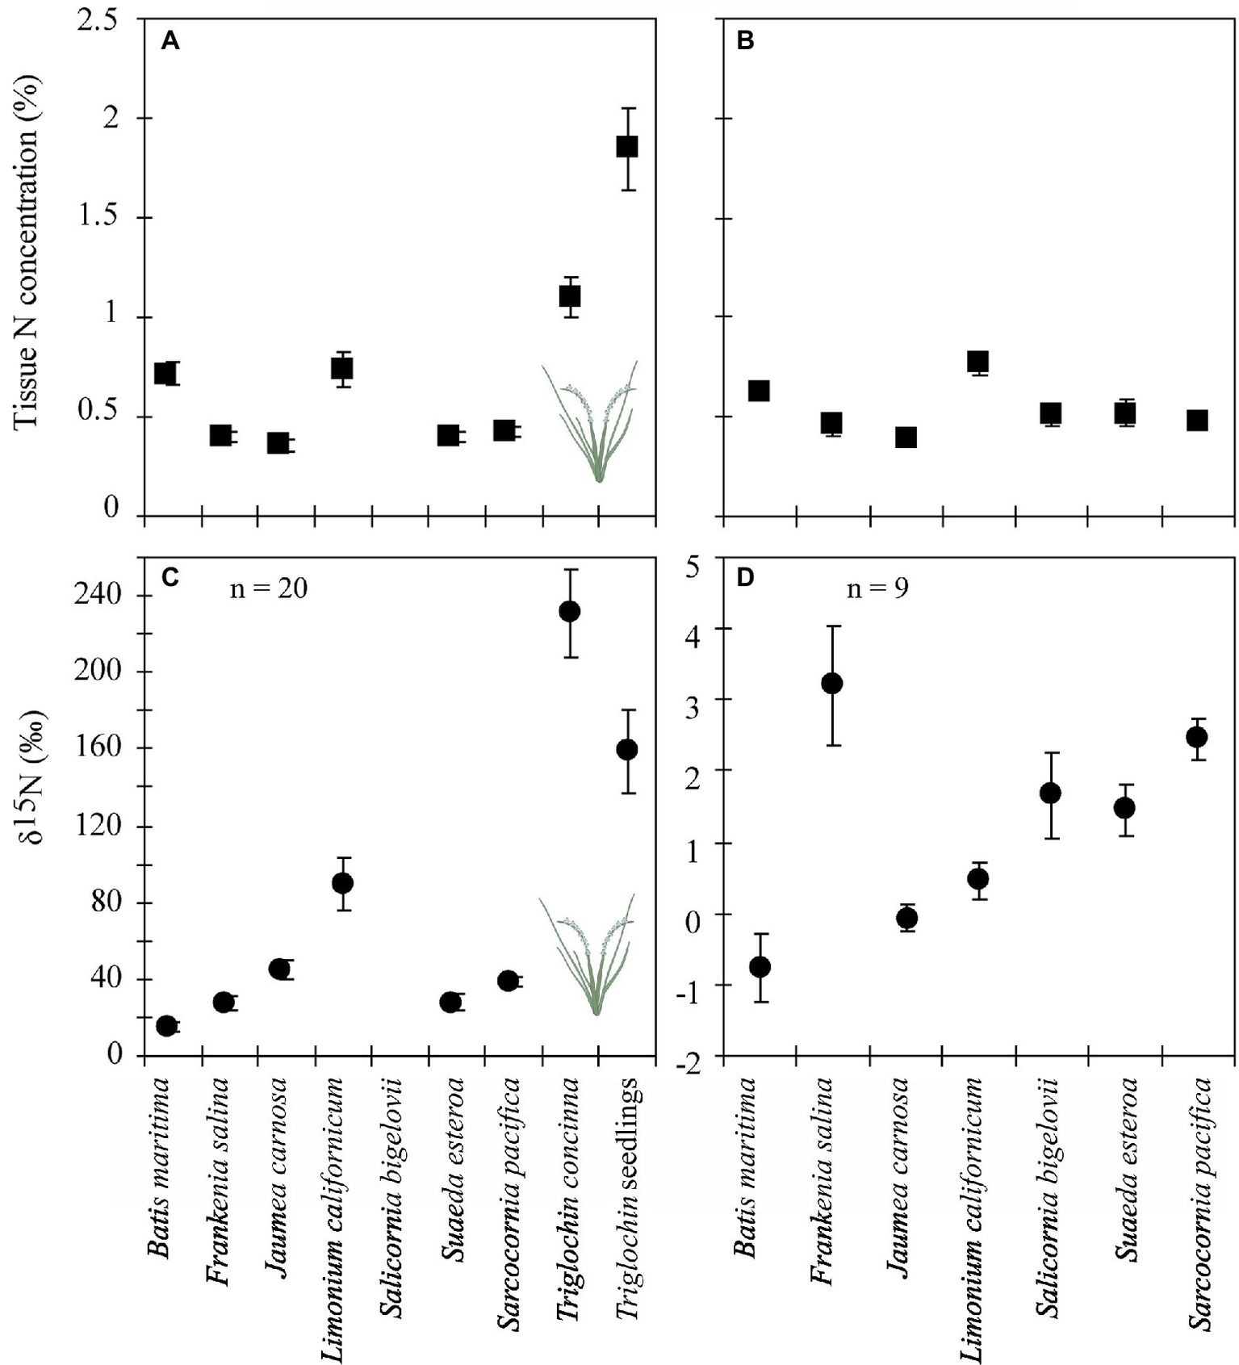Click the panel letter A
coord(170,40)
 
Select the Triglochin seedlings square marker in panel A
coord(627,146)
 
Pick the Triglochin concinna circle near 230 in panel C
coord(570,611)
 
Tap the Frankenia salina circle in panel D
coord(832,684)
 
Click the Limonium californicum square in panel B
coord(977,361)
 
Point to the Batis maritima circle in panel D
coord(760,966)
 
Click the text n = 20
coord(269,588)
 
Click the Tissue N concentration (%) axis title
coord(26,253)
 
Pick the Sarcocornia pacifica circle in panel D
coord(1197,737)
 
